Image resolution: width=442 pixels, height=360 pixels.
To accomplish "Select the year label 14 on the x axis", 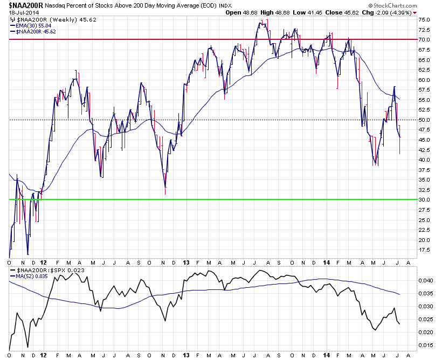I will coord(327,355).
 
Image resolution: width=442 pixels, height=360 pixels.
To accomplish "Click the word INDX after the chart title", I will coord(225,6).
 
